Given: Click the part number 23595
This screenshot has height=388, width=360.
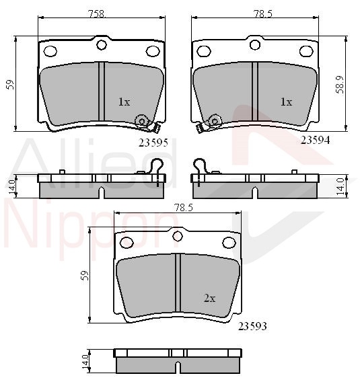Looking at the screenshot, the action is (x=153, y=143).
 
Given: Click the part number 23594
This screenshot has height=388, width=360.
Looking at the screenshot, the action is (x=315, y=141).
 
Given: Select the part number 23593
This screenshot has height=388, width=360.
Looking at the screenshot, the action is (x=252, y=326).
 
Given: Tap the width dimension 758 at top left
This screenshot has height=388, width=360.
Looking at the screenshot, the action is (x=97, y=14).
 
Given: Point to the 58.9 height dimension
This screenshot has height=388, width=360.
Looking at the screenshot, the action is (x=340, y=85).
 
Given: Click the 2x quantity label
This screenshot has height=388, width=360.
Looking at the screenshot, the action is (x=209, y=299).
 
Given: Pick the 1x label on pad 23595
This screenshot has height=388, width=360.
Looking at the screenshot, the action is (x=124, y=102).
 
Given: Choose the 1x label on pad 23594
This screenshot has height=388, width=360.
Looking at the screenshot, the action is (x=286, y=102).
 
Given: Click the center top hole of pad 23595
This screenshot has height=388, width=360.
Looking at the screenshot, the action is (x=102, y=45).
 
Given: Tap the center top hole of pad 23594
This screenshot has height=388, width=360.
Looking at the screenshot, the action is (x=255, y=45).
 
